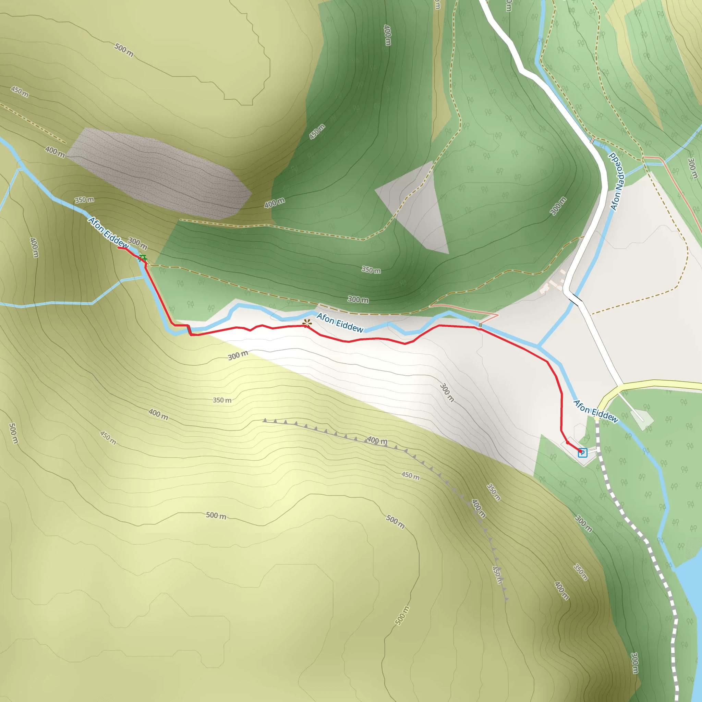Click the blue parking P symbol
(582, 453)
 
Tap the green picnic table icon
(143, 258)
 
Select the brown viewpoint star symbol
(307, 323)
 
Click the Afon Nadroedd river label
(617, 182)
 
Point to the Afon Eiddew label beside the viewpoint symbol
(340, 323)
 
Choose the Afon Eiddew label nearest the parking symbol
(595, 411)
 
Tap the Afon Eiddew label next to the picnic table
(108, 232)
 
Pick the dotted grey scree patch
(160, 171)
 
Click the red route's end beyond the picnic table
(119, 248)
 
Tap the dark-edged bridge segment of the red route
(189, 330)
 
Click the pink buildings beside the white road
(552, 285)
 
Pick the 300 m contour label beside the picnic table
(138, 243)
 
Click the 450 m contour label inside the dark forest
(317, 132)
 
